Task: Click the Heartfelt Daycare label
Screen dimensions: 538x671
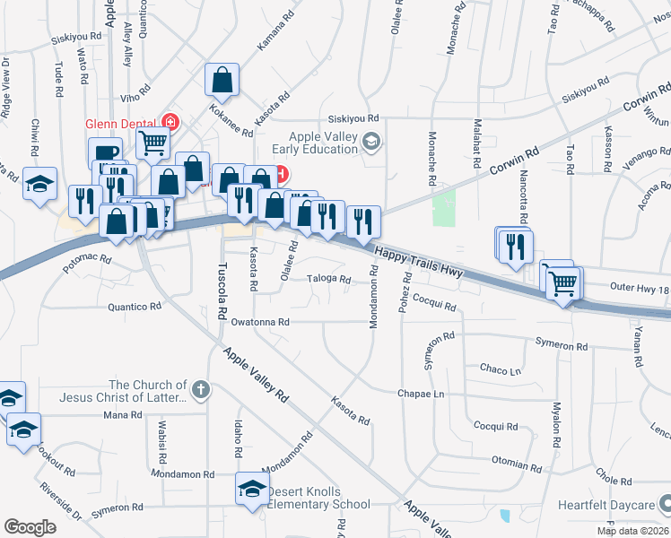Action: click(x=608, y=505)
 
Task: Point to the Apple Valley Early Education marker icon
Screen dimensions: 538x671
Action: click(x=373, y=141)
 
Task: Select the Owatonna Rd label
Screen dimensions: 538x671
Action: click(x=260, y=322)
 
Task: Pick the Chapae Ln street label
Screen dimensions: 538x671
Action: click(x=421, y=394)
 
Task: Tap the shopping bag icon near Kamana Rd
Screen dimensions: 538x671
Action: click(x=222, y=80)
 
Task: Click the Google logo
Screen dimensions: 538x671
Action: click(x=29, y=527)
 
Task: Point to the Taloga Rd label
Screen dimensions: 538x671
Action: click(x=329, y=279)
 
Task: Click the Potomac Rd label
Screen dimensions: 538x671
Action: click(x=87, y=259)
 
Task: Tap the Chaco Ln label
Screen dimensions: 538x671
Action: click(x=500, y=369)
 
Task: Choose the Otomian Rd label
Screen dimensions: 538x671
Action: click(x=516, y=467)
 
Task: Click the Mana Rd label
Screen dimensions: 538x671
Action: click(x=123, y=415)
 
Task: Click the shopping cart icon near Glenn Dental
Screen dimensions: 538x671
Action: click(x=154, y=142)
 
